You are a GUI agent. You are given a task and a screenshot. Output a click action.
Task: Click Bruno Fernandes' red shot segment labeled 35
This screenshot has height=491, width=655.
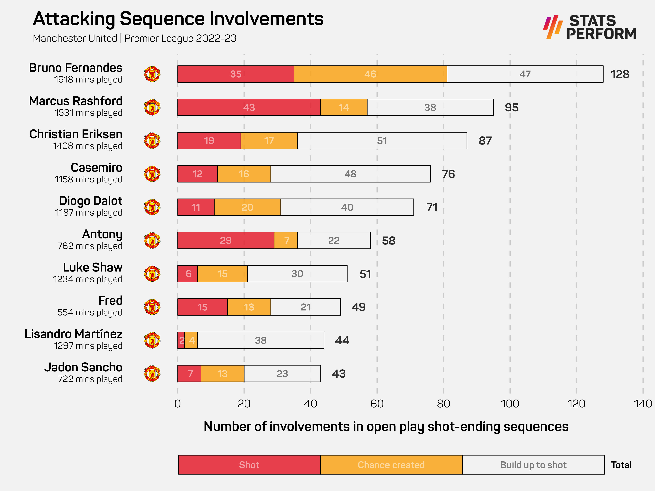[236, 74]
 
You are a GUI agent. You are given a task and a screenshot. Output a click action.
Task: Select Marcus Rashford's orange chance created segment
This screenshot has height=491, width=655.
[344, 107]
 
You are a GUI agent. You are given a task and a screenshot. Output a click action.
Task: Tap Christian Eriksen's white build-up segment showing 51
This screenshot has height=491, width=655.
[382, 141]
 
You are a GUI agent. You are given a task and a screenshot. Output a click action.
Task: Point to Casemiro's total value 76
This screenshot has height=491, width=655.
[448, 174]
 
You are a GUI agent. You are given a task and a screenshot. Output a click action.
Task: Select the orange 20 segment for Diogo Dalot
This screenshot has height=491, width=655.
[247, 207]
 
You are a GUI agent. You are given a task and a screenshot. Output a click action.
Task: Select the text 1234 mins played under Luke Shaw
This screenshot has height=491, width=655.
[88, 279]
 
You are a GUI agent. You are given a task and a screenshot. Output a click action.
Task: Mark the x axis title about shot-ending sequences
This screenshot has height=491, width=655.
[386, 427]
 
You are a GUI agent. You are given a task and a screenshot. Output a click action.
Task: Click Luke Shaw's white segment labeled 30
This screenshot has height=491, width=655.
[297, 274]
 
